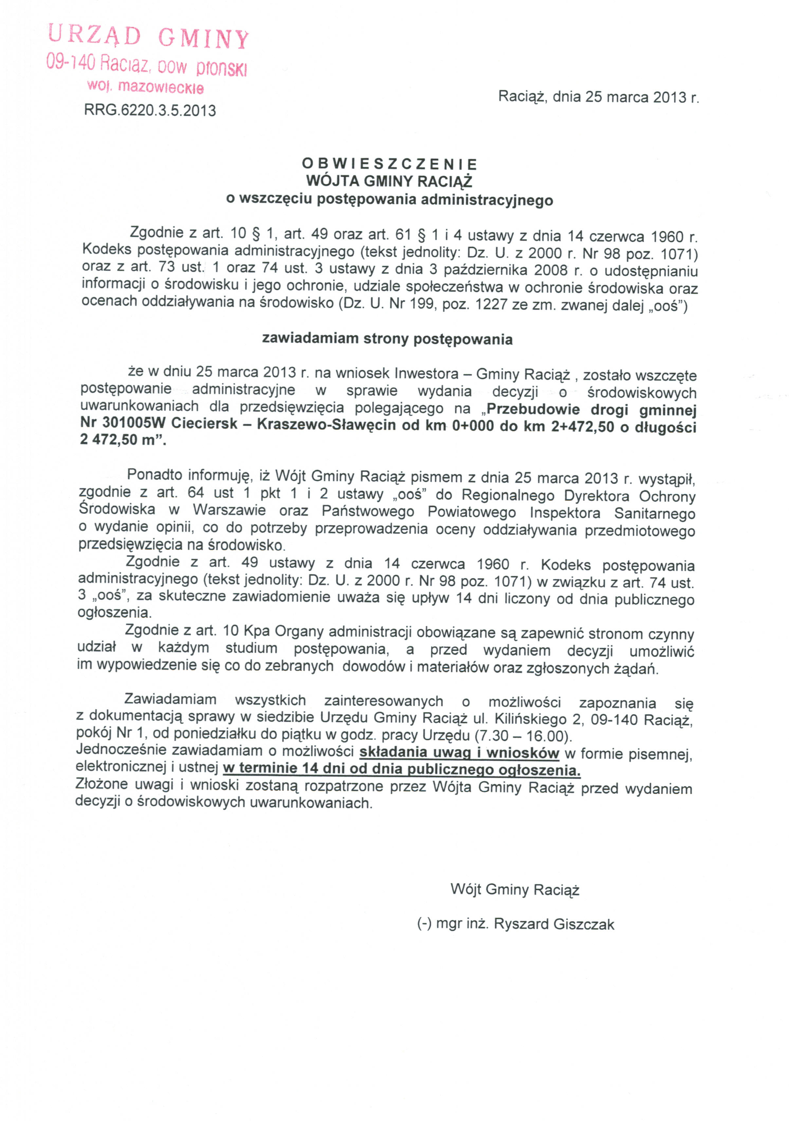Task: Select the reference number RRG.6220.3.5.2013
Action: tap(150, 110)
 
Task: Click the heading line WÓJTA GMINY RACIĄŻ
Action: tap(390, 181)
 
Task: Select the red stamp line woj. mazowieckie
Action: tap(145, 87)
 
